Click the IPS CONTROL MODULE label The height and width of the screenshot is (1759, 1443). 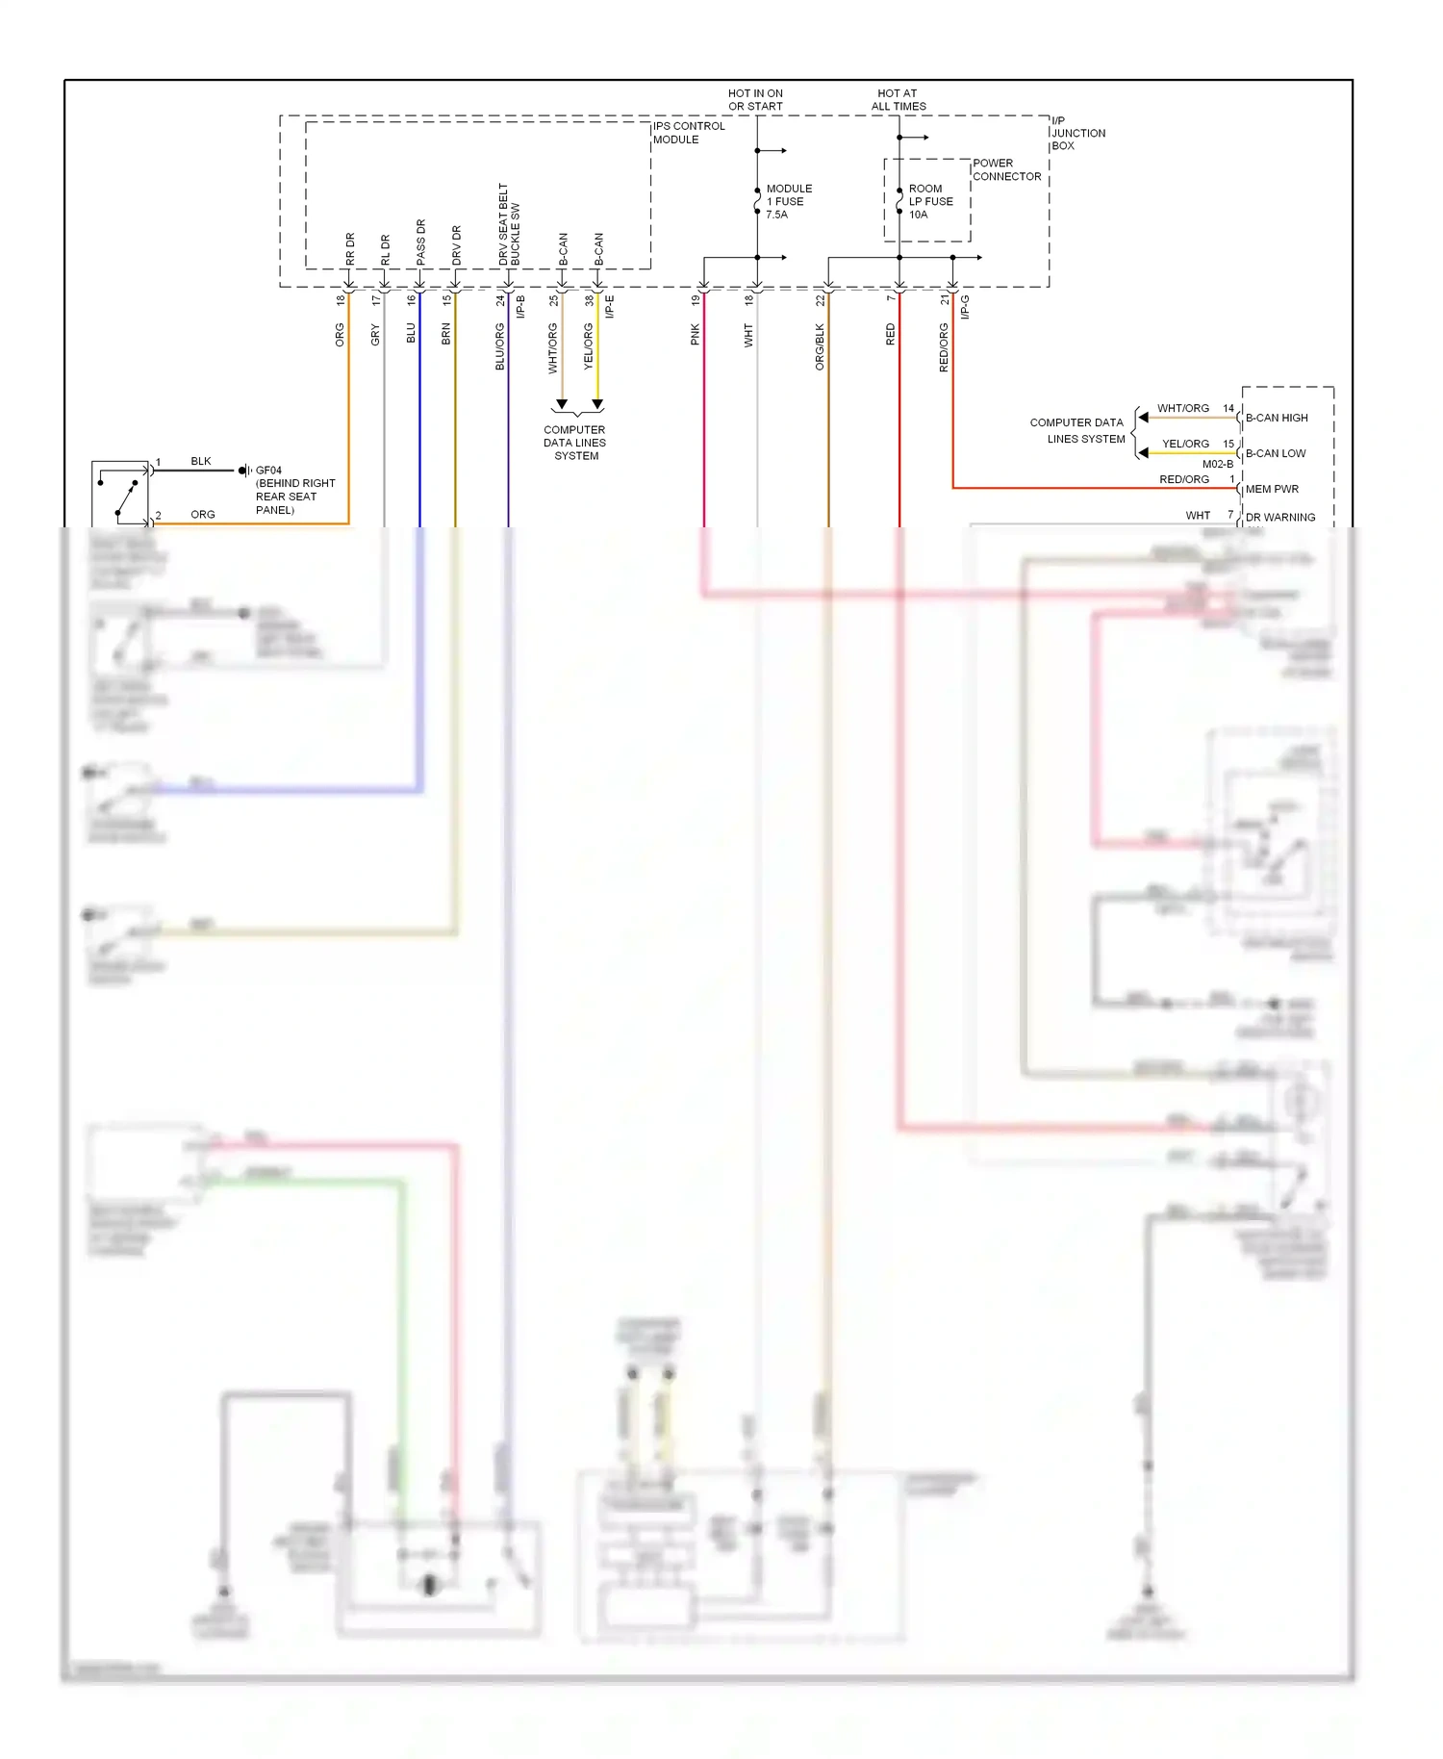click(x=689, y=133)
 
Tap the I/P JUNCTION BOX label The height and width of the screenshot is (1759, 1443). click(x=1077, y=133)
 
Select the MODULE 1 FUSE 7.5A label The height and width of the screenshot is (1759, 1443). click(x=789, y=201)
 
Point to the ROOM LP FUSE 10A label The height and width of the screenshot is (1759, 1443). click(x=930, y=201)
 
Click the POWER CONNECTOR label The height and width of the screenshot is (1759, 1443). click(x=1006, y=169)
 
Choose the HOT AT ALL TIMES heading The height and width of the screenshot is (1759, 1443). click(x=899, y=100)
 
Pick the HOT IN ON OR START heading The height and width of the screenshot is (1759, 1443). click(x=755, y=100)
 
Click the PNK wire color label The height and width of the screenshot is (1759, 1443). click(x=695, y=335)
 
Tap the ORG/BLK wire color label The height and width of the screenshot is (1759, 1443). click(x=820, y=346)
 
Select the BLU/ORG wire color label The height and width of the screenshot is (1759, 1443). click(x=500, y=346)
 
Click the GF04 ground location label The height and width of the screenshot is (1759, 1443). click(x=268, y=471)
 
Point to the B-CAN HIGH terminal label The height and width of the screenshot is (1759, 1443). click(x=1277, y=418)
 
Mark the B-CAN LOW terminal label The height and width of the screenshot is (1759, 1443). click(x=1276, y=453)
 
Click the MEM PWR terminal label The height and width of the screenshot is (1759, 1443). click(x=1272, y=489)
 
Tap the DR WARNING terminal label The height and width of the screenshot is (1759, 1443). click(x=1279, y=517)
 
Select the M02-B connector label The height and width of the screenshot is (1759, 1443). click(x=1217, y=464)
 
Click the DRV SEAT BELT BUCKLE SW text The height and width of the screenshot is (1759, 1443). click(x=509, y=225)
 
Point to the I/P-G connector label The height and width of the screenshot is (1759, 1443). click(x=965, y=306)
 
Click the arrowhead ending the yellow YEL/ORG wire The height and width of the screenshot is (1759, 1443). click(x=597, y=404)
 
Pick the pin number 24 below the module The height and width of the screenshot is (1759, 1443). click(x=500, y=300)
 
